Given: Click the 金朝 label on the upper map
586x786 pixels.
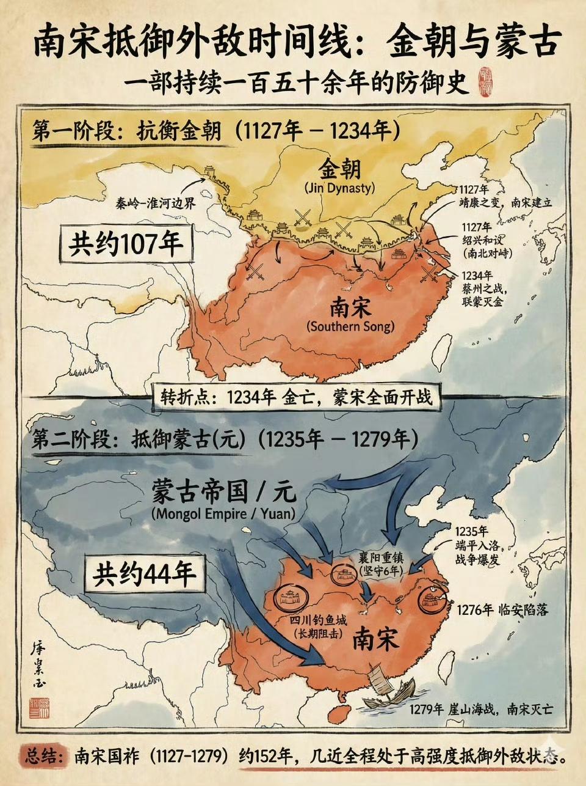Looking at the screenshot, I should (339, 169).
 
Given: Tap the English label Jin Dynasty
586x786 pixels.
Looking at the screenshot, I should (339, 188).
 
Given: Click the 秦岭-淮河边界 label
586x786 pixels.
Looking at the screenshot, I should (156, 204).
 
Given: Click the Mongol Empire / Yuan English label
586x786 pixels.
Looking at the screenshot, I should (223, 514).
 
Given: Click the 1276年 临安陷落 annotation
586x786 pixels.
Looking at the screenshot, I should (506, 609).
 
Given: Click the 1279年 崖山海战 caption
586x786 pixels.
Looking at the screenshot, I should (481, 710).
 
